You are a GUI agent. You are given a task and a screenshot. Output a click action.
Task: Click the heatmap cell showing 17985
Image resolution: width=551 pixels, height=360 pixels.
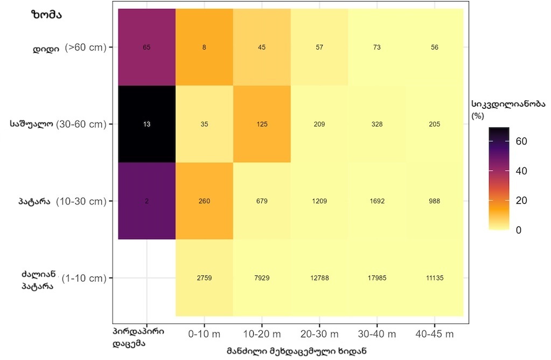(376, 278)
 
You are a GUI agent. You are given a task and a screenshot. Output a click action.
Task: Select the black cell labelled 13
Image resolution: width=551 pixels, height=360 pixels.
(147, 124)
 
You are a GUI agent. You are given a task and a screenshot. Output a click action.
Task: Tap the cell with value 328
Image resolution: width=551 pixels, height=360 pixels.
(376, 124)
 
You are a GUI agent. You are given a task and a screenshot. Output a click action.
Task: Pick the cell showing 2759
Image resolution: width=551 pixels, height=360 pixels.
(204, 278)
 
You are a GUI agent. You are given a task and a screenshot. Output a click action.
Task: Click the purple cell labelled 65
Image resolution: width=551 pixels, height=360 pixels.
(147, 47)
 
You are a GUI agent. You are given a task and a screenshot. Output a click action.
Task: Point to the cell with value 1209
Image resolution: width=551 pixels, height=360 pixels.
(319, 201)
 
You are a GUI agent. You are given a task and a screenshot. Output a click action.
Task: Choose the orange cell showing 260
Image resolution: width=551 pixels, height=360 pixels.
(204, 201)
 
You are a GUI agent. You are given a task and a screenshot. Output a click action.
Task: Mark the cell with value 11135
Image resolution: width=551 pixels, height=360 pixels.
(434, 278)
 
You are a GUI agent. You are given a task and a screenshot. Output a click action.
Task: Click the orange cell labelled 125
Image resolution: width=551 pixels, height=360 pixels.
(262, 124)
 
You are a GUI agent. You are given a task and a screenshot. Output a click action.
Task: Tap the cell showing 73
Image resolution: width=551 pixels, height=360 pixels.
(376, 47)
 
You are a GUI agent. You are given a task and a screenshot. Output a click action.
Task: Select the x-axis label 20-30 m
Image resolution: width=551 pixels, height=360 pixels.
(319, 335)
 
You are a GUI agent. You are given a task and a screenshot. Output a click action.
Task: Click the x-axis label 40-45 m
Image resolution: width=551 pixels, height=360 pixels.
(434, 335)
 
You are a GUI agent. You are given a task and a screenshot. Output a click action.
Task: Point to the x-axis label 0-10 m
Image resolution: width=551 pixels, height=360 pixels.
(204, 335)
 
